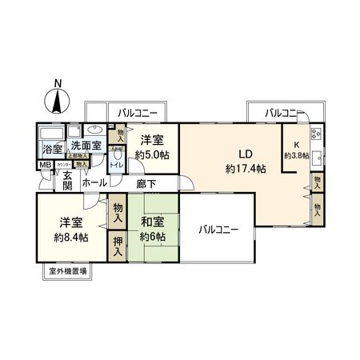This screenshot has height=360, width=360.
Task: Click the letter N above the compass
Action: pyautogui.click(x=58, y=82)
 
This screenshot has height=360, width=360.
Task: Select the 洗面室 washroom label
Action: pyautogui.click(x=84, y=146)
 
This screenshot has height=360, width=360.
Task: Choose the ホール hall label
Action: pyautogui.click(x=94, y=183)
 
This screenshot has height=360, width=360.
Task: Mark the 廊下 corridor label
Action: pyautogui.click(x=146, y=183)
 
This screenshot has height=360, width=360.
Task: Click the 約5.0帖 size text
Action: pyautogui.click(x=152, y=154)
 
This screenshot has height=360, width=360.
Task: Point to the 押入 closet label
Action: pyautogui.click(x=118, y=243)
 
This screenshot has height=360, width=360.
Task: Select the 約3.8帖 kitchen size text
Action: pyautogui.click(x=297, y=156)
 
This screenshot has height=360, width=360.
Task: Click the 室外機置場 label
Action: pyautogui.click(x=67, y=273)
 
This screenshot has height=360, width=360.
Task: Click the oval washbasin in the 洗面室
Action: pyautogui.click(x=92, y=129)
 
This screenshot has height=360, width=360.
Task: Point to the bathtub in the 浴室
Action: pyautogui.click(x=50, y=132)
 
